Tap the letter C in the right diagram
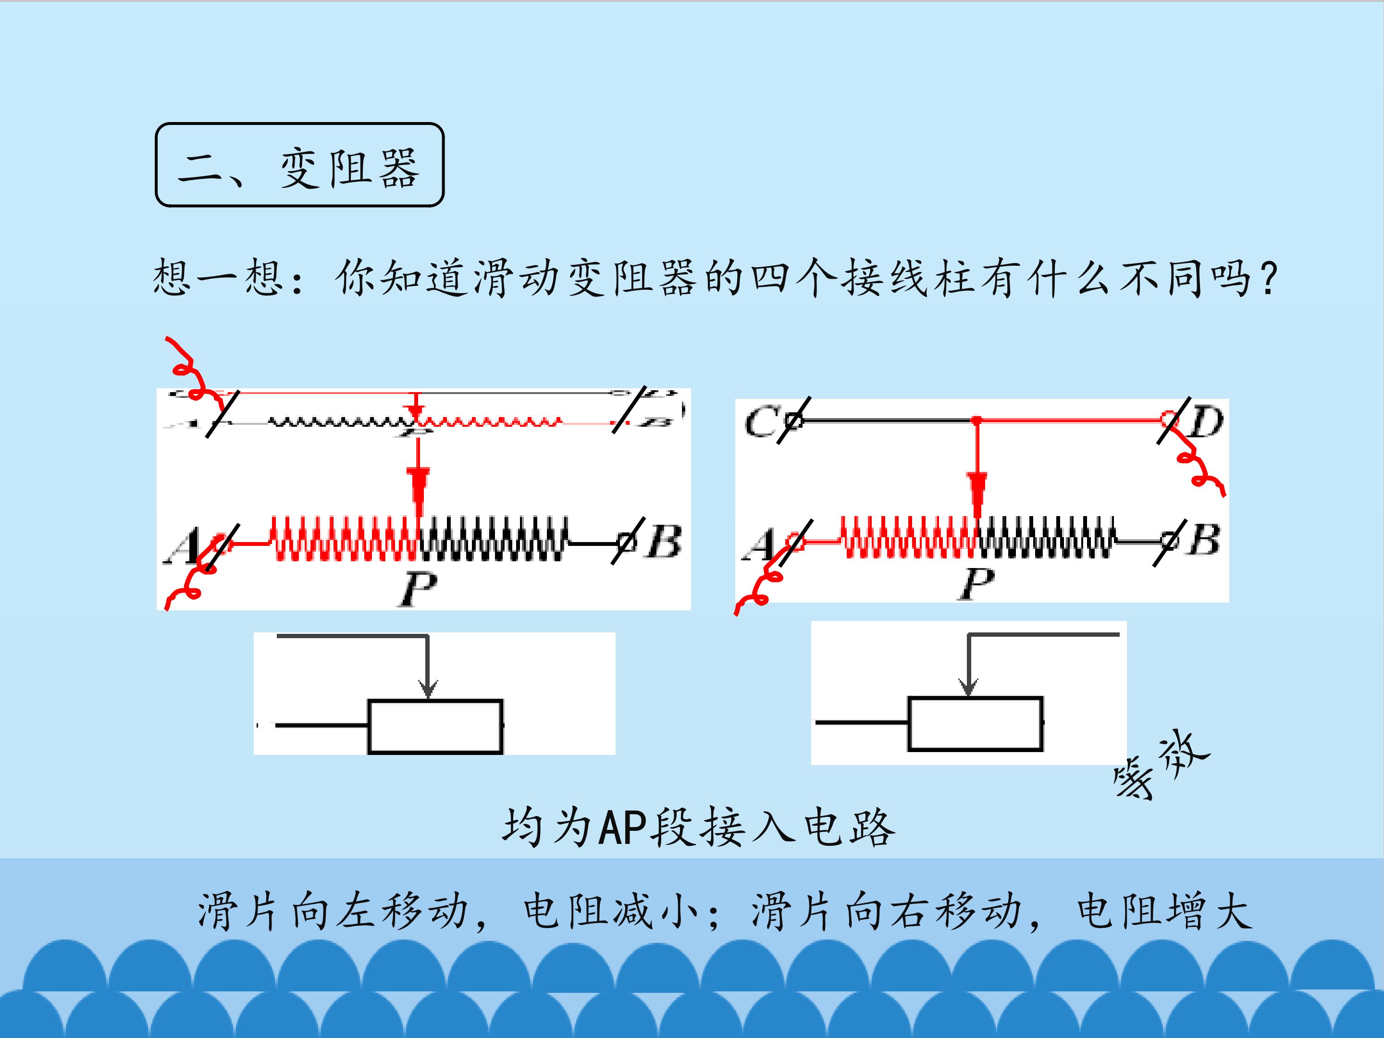coord(761,422)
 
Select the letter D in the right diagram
coord(1206,422)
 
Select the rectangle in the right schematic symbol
coord(975,723)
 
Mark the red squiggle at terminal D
coord(1200,466)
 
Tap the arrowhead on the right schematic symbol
coord(968,686)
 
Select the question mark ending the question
coord(1269,278)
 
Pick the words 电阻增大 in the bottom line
coord(1164,911)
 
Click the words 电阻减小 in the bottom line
coord(610,911)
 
